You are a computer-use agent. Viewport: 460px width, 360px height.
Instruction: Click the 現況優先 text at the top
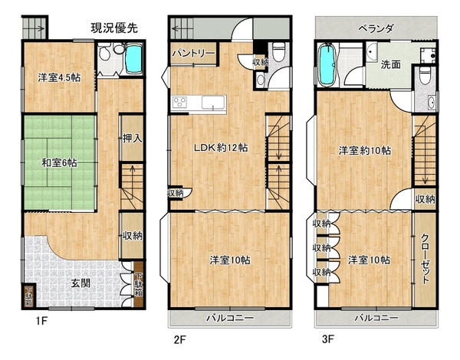tap(114, 28)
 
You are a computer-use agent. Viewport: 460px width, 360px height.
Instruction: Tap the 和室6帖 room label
tap(59, 162)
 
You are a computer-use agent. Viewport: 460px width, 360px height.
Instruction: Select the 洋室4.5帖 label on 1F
tap(59, 77)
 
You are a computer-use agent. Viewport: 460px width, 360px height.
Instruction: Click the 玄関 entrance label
tap(81, 283)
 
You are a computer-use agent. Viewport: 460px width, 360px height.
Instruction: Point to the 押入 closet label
tap(133, 138)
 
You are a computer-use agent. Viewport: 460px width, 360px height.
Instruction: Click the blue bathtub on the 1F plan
tap(133, 59)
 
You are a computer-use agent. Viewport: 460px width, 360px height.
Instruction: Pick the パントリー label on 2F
tap(194, 54)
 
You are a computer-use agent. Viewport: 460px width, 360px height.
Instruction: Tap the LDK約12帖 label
tap(221, 148)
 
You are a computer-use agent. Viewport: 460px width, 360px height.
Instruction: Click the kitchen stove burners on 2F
tap(180, 103)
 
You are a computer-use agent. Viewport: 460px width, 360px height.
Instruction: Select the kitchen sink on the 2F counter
tap(213, 103)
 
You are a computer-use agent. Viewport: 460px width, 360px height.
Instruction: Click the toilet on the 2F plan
tap(279, 51)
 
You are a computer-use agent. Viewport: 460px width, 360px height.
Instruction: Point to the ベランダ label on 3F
tap(376, 29)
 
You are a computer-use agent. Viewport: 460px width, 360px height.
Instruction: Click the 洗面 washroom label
tap(391, 65)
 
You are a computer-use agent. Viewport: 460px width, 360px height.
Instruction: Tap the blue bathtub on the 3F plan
tap(327, 65)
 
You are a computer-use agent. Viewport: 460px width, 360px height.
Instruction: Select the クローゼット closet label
tap(425, 258)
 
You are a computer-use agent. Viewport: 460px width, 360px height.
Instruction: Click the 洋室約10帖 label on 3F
tap(365, 151)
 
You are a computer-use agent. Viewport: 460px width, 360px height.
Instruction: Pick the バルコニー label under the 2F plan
tap(230, 318)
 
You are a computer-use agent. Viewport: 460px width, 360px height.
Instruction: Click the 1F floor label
tap(41, 321)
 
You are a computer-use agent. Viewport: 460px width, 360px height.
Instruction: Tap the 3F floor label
tap(328, 339)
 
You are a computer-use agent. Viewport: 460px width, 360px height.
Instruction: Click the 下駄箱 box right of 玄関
tap(139, 285)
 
